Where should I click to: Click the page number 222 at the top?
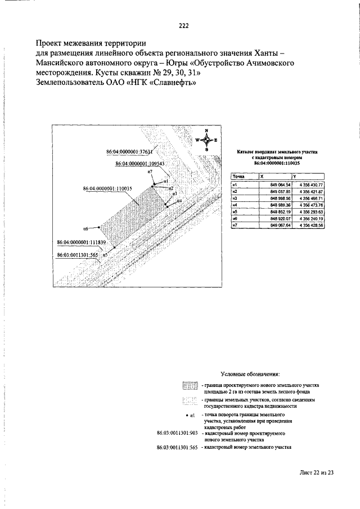[x=183, y=25]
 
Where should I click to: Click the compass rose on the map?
[x=206, y=140]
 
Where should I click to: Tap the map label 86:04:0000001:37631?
[x=129, y=152]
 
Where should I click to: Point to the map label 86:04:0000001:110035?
[x=107, y=188]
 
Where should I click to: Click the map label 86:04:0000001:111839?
[x=82, y=242]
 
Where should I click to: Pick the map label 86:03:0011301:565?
[x=78, y=254]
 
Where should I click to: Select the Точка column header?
[x=239, y=177]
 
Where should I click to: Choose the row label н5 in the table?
[x=236, y=211]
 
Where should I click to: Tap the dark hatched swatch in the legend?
[x=191, y=386]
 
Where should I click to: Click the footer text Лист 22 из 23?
[x=317, y=473]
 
